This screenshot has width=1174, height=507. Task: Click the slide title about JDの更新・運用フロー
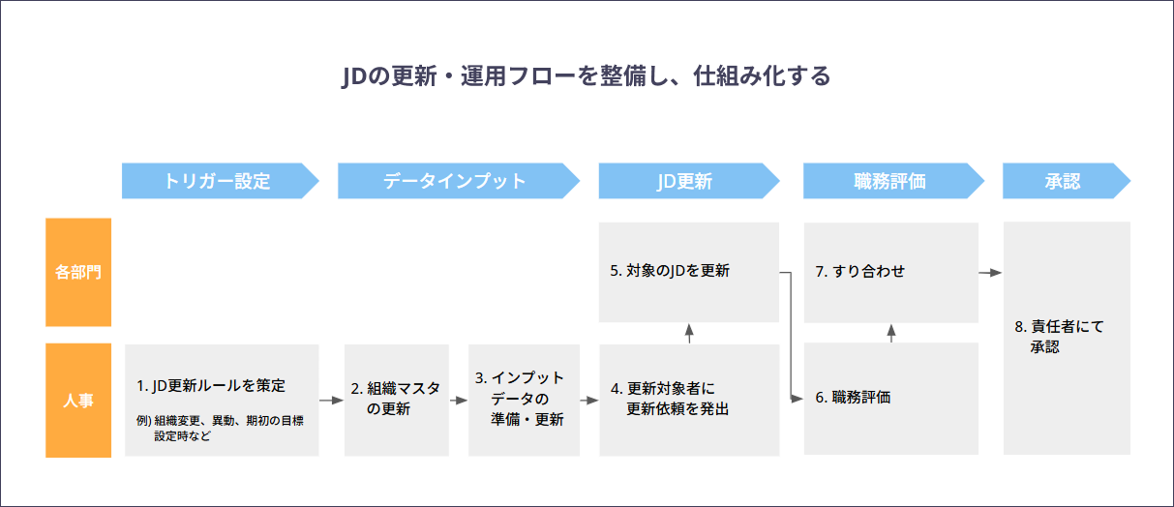586,76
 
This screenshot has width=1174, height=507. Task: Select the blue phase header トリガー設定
220,181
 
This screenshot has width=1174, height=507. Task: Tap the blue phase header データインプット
459,181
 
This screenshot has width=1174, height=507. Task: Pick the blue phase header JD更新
689,181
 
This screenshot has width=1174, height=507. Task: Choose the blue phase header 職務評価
893,181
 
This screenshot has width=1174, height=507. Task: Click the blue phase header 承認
1067,181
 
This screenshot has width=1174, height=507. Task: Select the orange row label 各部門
78,272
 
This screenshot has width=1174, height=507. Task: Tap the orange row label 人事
78,401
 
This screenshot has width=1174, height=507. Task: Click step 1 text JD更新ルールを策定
211,386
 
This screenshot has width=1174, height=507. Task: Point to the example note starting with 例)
220,428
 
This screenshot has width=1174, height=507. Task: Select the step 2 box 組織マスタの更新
396,401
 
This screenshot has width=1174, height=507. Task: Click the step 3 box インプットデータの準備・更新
525,401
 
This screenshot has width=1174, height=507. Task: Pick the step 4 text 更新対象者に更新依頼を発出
670,399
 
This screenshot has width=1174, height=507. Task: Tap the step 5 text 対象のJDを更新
670,271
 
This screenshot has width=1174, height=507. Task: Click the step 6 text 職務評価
853,398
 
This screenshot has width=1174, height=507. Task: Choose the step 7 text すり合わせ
860,271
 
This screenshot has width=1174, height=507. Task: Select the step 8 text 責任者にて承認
1059,337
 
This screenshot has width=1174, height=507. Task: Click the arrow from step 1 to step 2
331,401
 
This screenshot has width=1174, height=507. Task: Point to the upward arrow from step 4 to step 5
689,334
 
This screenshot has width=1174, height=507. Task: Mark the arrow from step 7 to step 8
990,273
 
